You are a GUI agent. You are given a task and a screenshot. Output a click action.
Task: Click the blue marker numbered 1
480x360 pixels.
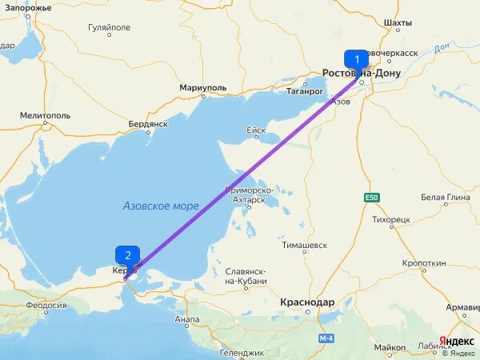(x=356, y=58)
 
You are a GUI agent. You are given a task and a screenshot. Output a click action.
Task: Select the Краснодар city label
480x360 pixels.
(x=307, y=302)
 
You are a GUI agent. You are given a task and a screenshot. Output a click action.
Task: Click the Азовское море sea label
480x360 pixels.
(x=161, y=206)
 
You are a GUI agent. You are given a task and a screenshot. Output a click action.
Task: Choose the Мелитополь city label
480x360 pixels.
(x=46, y=115)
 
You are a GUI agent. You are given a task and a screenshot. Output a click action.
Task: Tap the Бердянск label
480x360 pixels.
(x=147, y=124)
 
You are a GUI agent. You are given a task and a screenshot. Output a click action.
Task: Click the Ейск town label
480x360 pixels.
(x=256, y=130)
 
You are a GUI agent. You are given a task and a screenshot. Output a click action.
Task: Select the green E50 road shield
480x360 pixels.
(x=371, y=198)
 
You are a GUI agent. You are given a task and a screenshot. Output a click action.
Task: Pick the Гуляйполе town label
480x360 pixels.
(x=108, y=26)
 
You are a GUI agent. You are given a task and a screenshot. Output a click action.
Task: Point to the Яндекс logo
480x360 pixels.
(x=456, y=341)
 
